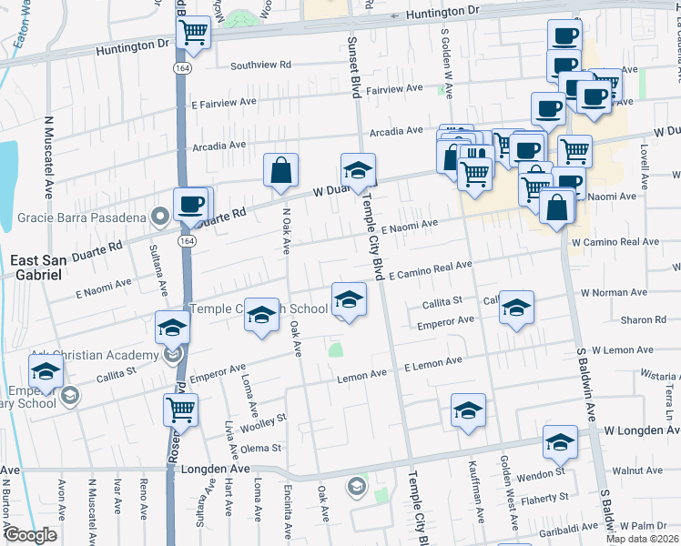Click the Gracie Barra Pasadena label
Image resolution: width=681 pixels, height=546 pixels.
(83, 217)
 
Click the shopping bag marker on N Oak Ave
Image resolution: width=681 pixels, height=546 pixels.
(281, 169)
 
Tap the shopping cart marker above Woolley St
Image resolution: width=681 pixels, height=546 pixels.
(180, 409)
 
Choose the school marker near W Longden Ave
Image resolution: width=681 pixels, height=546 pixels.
(560, 442)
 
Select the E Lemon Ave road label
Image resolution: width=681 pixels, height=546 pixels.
(432, 364)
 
